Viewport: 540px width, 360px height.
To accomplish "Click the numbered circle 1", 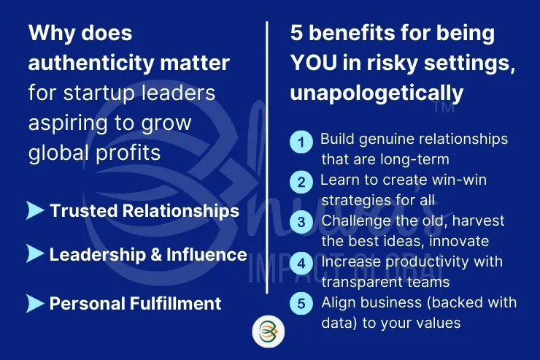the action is click(301, 142).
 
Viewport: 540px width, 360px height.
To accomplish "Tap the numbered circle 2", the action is click(301, 182).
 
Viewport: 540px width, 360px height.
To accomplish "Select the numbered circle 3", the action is click(301, 222).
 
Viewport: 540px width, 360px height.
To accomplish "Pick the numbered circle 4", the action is click(301, 264).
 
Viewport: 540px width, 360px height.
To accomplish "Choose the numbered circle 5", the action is click(301, 304).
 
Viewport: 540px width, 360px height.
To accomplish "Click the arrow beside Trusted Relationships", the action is click(35, 210).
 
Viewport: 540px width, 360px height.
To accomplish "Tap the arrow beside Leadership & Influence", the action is click(35, 254).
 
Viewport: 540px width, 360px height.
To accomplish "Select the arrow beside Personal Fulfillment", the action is click(35, 304).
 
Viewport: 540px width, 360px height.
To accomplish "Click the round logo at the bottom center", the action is click(269, 332).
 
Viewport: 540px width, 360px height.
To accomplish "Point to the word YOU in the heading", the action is click(314, 63).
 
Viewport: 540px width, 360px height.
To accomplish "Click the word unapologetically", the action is click(377, 93).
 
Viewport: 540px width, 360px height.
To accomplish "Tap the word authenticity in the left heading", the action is click(91, 63).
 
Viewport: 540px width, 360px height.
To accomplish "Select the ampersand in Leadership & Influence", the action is click(156, 255).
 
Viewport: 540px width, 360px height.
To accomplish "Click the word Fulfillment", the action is click(175, 304).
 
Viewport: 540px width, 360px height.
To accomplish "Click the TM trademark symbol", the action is click(444, 107).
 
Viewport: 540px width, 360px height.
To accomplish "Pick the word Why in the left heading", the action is click(52, 34).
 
